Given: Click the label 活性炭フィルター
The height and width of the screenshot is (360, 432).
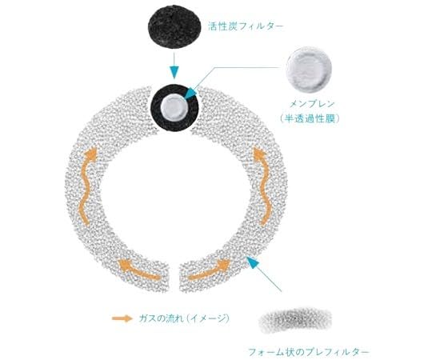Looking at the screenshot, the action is pos(246,26).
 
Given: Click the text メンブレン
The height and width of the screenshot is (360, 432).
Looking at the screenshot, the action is pos(312,104).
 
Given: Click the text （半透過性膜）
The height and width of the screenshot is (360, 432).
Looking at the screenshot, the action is pos(309,118).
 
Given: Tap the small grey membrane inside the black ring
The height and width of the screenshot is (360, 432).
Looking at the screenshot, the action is pos(174,107).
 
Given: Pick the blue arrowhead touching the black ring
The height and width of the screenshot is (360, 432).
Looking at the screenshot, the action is pos(190,93).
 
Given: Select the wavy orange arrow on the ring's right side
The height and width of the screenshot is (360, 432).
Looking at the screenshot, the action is pos(263,186).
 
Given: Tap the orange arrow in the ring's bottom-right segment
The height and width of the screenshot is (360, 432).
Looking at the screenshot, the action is pos(210,270).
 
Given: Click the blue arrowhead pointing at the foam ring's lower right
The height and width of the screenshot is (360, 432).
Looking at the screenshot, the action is pos(253,262).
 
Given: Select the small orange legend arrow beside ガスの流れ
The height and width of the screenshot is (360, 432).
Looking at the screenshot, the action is pos(122,318).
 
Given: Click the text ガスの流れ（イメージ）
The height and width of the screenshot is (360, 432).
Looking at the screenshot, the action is pos(184,318).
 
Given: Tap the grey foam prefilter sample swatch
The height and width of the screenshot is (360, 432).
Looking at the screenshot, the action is pos(295,321).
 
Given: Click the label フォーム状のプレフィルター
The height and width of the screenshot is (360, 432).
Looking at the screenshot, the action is pos(309,352).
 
